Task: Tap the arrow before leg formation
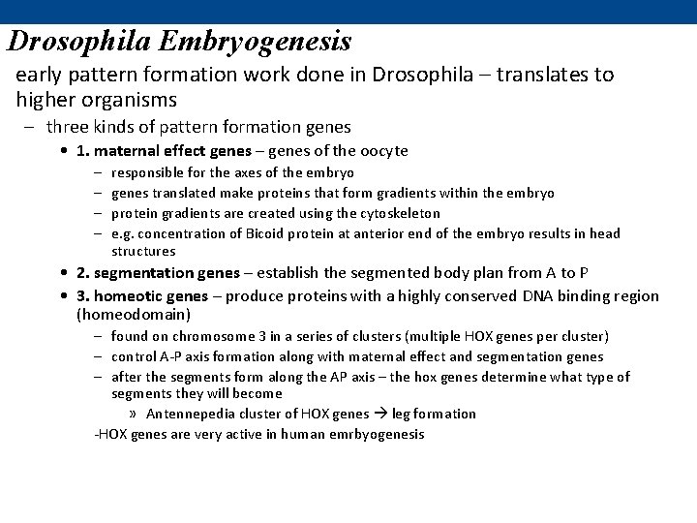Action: (x=379, y=414)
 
